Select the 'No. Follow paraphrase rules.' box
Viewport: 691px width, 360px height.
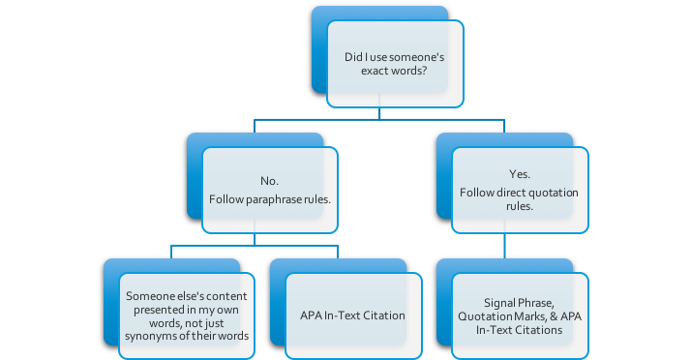tap(269, 190)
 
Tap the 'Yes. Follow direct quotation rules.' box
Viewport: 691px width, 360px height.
tap(519, 189)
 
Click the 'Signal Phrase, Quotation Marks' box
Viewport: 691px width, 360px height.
tap(519, 315)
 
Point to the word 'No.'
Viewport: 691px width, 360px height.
tap(269, 180)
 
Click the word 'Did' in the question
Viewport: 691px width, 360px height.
tap(354, 57)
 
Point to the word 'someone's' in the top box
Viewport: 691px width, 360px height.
tap(417, 57)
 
